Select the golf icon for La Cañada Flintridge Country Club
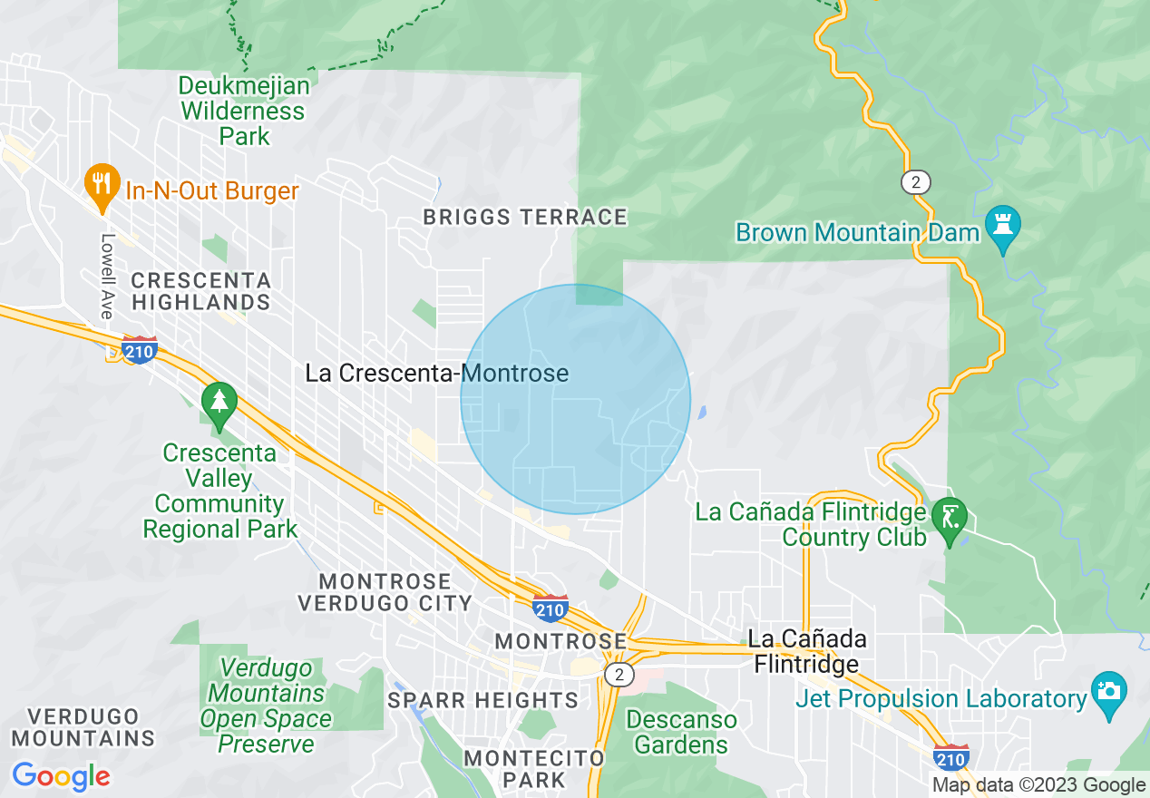tap(950, 519)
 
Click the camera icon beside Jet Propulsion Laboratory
tap(1108, 691)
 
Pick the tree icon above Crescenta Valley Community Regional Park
tap(219, 402)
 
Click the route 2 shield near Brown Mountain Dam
tap(916, 182)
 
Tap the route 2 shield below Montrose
tap(619, 675)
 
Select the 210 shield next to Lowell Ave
tap(140, 349)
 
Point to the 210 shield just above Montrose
tap(551, 608)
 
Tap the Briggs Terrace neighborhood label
tap(525, 218)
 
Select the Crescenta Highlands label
tap(200, 291)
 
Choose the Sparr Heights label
tap(482, 700)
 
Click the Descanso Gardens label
tap(681, 733)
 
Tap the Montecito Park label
tap(533, 768)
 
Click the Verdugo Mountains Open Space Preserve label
tap(266, 706)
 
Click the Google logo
tap(62, 776)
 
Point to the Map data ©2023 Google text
tap(1039, 785)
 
